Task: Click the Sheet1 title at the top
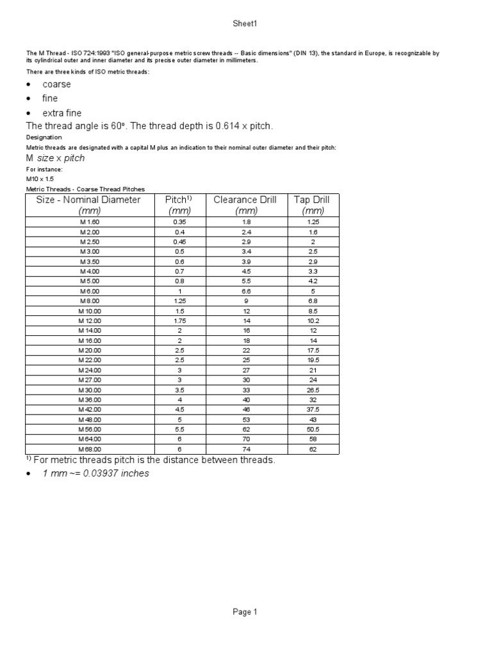point(245,24)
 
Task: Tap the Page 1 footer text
point(245,612)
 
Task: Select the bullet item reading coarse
point(56,84)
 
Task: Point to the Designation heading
point(44,137)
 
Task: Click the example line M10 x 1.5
point(40,179)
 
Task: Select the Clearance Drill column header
point(245,200)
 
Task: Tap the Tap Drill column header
point(312,200)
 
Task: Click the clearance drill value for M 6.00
point(245,291)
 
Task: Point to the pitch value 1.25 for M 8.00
point(179,301)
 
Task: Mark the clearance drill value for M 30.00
point(245,390)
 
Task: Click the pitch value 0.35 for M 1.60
point(179,221)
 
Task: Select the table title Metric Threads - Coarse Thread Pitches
point(85,189)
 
